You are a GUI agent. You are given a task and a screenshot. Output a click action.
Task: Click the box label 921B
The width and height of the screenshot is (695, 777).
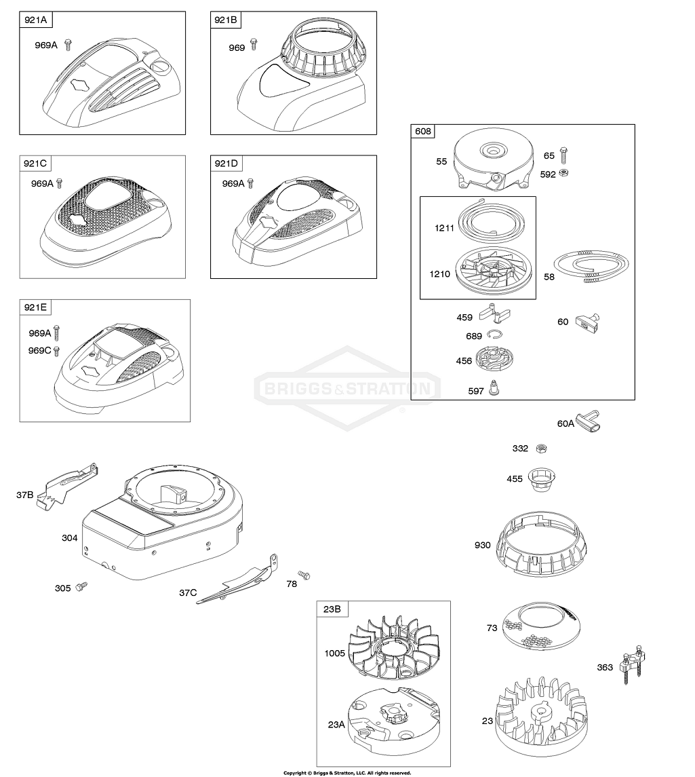(x=225, y=20)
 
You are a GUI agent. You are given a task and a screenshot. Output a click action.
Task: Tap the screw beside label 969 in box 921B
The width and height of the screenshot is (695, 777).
(x=254, y=44)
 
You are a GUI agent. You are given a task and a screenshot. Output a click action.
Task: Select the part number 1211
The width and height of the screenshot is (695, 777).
(x=444, y=228)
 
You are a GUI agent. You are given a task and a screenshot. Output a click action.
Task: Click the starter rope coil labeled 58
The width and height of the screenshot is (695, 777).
(x=591, y=267)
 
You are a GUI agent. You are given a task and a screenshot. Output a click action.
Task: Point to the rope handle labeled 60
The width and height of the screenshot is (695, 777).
(x=587, y=322)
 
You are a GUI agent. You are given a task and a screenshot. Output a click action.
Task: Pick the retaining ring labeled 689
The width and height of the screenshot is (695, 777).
(x=494, y=335)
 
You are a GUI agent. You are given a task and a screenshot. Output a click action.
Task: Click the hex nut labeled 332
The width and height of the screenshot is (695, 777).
(x=542, y=448)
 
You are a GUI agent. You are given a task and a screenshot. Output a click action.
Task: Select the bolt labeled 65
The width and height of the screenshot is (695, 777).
(x=563, y=155)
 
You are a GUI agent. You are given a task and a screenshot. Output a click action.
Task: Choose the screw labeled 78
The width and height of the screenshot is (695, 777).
(x=304, y=575)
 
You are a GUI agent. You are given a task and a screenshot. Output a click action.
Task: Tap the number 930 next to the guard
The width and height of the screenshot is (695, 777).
(x=482, y=545)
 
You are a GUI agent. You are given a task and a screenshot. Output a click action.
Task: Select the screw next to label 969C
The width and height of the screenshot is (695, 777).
(x=56, y=351)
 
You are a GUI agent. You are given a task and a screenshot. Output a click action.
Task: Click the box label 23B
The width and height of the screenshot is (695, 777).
(x=332, y=609)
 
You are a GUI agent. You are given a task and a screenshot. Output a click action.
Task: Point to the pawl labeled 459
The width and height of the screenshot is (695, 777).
(x=495, y=314)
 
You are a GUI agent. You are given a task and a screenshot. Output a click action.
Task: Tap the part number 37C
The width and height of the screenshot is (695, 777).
(x=188, y=592)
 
